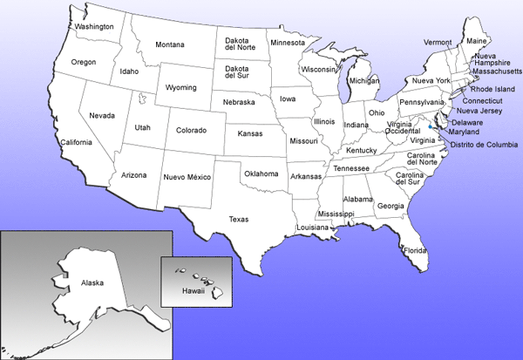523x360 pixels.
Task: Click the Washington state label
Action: (95, 26)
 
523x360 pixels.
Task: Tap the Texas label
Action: (239, 220)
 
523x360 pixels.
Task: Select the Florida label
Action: (415, 251)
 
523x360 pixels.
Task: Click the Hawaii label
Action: (193, 290)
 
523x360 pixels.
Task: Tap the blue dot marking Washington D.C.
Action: (432, 127)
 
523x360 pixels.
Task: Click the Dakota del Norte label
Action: (241, 44)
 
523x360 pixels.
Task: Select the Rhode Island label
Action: (493, 89)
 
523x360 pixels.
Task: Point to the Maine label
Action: (477, 41)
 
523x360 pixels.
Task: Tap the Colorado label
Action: (191, 131)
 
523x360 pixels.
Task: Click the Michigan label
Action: (363, 81)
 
